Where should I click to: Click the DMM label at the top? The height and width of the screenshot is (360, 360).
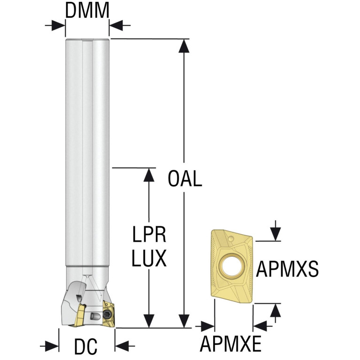tap(87, 11)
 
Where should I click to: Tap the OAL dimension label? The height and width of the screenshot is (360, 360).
tap(185, 178)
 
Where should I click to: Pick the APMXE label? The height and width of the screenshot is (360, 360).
tap(230, 343)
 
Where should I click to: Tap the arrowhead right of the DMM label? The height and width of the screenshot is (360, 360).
tap(115, 25)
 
